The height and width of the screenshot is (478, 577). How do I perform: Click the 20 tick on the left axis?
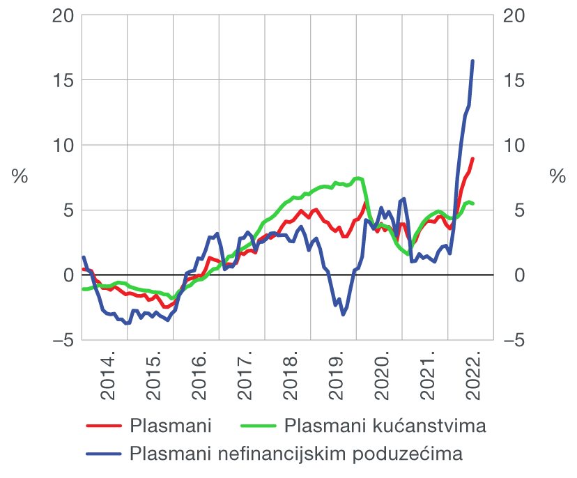(63, 15)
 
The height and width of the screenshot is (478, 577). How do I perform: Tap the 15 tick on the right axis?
(514, 80)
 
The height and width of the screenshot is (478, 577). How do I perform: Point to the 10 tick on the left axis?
(63, 145)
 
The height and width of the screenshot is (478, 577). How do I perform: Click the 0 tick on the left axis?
(67, 275)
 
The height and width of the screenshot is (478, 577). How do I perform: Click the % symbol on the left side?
(19, 177)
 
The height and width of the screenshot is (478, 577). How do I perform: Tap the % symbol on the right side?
(558, 177)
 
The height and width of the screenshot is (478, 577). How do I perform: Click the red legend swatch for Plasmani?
(105, 425)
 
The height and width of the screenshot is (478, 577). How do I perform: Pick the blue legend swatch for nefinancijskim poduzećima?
(105, 454)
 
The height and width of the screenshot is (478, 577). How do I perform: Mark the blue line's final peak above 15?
(472, 61)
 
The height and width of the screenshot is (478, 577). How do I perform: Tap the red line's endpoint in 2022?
(472, 159)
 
